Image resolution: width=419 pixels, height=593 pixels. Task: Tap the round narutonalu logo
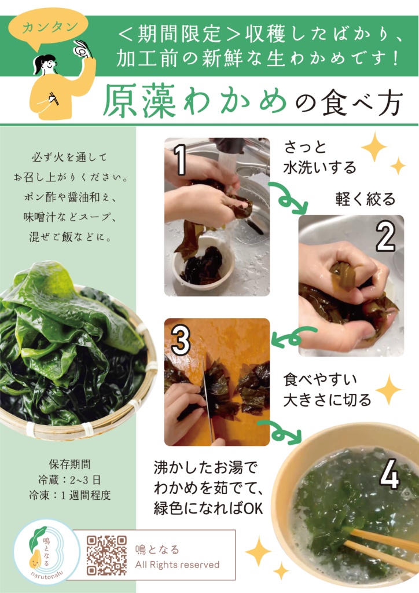tap(47, 552)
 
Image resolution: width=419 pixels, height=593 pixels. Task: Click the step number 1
tap(181, 160)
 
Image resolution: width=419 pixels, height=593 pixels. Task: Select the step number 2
tap(385, 237)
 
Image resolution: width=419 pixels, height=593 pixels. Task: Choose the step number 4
tap(389, 474)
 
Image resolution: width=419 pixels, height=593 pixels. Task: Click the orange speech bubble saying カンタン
tap(49, 30)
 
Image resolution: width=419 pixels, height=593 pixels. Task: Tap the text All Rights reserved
tap(177, 565)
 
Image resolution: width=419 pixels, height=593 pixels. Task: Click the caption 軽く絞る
tap(365, 199)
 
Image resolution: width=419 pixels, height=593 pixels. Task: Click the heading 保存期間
tap(69, 464)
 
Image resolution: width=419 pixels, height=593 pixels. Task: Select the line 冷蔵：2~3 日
tap(69, 479)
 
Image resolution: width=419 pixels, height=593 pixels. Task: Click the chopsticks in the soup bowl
tap(381, 544)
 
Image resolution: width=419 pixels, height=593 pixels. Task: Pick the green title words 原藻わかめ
tap(194, 101)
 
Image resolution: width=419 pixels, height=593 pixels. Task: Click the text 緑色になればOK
tap(208, 508)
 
